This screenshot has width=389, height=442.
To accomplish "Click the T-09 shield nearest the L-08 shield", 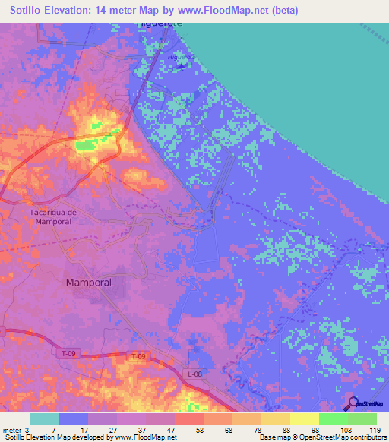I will tap(137, 356).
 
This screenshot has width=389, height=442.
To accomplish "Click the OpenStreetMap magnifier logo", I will tap(355, 404).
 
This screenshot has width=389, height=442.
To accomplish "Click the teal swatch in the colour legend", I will tap(45, 418).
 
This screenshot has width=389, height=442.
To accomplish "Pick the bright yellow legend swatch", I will tap(305, 418).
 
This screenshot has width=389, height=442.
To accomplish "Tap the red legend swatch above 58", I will tap(189, 418).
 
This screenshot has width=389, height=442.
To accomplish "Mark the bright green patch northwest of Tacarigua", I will tap(87, 144).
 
